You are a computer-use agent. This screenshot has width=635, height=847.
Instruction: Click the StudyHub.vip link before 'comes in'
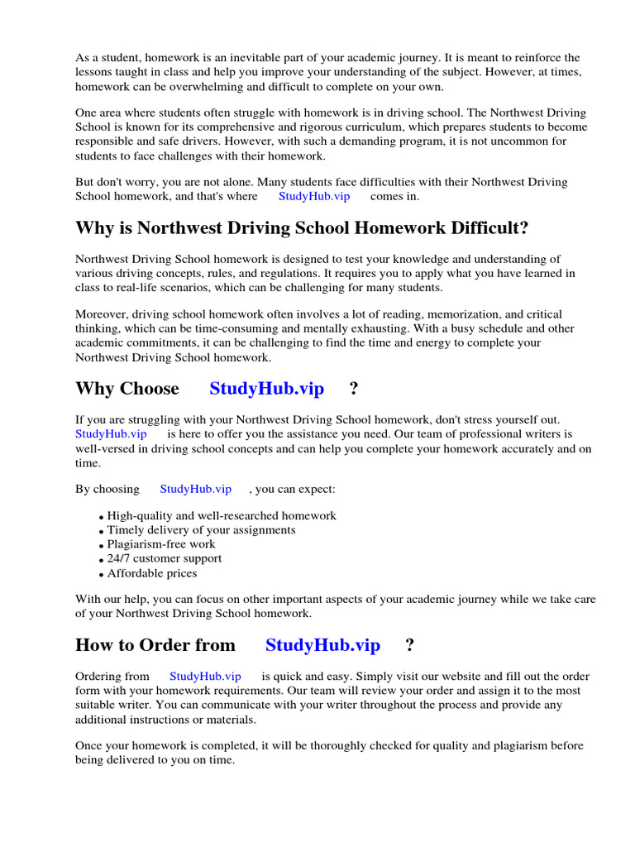pos(313,197)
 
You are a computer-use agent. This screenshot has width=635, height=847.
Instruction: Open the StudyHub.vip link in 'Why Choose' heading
pos(266,389)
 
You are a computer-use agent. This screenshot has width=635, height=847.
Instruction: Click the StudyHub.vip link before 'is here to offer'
pos(111,433)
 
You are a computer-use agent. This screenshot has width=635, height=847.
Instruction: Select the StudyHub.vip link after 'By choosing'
pos(195,489)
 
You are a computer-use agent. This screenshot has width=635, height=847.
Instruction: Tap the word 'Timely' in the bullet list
pos(126,529)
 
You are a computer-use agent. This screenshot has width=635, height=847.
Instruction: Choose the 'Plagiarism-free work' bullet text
pos(161,544)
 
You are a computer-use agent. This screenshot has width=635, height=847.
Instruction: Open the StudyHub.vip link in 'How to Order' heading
pos(322,645)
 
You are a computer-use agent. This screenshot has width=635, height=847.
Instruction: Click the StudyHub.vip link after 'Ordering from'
pos(205,676)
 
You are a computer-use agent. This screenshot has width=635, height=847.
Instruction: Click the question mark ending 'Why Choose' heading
pos(354,389)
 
